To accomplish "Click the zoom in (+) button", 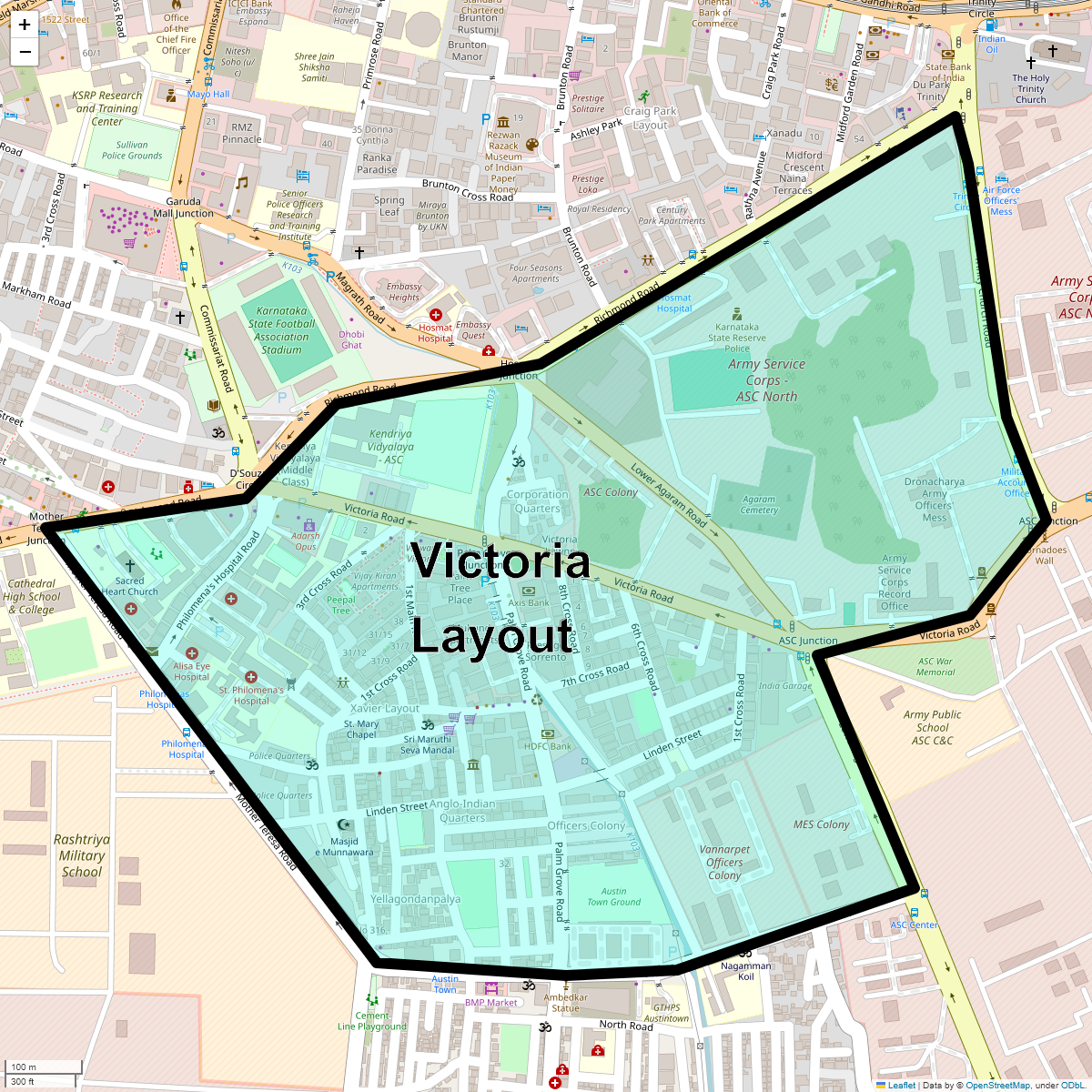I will [x=25, y=25].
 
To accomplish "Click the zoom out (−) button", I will [x=25, y=52].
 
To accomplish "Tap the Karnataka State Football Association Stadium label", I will [x=281, y=330].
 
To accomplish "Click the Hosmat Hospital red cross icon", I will [x=436, y=315].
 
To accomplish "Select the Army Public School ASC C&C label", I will [x=932, y=727].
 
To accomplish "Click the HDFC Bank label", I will [x=548, y=746].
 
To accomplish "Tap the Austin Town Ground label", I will [x=613, y=896].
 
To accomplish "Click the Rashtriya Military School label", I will [x=82, y=855].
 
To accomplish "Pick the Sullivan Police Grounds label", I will [x=132, y=150].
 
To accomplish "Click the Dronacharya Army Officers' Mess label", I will [x=935, y=500].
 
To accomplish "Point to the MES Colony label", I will [x=821, y=824].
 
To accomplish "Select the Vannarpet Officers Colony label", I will [x=724, y=862].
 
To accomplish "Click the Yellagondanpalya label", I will [x=416, y=899].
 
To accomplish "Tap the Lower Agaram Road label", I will [x=669, y=496].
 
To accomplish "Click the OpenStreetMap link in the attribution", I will [x=997, y=1085].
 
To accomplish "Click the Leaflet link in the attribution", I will [x=901, y=1085].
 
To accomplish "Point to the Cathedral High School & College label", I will [x=32, y=597].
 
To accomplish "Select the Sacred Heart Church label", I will [x=130, y=586].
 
